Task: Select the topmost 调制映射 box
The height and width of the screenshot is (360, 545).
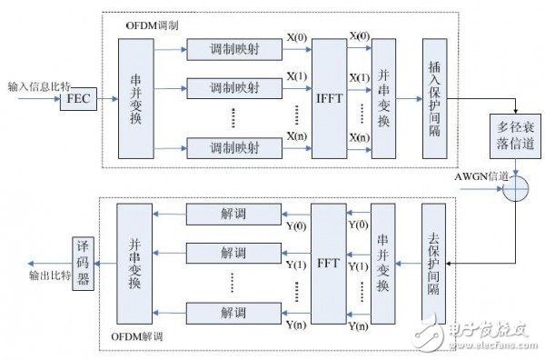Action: (231, 49)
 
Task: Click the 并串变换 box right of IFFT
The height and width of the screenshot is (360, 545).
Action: (382, 99)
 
